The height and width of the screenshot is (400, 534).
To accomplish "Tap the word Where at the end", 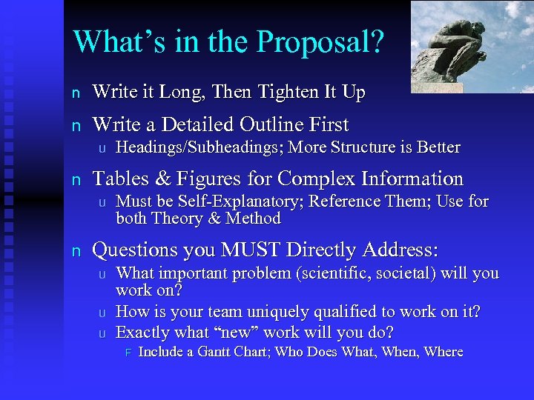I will tap(444, 352).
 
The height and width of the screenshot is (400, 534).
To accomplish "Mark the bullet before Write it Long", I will tap(74, 93).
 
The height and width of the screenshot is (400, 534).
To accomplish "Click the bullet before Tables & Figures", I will tap(74, 180).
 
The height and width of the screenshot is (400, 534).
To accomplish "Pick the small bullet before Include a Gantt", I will tap(127, 353).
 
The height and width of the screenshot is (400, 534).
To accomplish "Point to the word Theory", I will tap(177, 219).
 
